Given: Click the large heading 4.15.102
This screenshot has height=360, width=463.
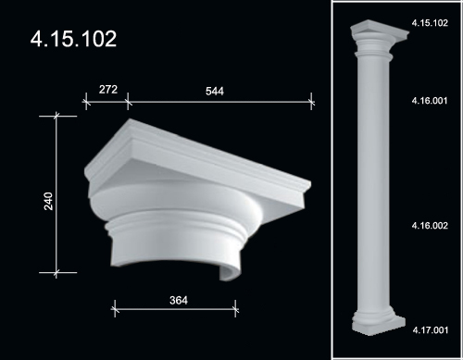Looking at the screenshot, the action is (x=73, y=39).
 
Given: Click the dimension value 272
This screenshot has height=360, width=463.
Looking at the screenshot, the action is (x=108, y=90).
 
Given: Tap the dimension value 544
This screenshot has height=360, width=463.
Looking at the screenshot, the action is (x=215, y=91).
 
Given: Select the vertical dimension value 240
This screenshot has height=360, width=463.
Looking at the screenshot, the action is (x=48, y=201).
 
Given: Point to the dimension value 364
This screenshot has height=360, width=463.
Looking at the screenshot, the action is (x=179, y=300).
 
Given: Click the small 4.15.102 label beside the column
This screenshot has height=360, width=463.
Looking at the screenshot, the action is (x=430, y=23).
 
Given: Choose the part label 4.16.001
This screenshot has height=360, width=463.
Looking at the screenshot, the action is (x=430, y=101).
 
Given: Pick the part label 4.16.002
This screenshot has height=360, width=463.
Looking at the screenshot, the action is (x=430, y=226).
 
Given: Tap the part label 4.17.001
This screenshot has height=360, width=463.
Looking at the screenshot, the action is (x=431, y=330).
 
